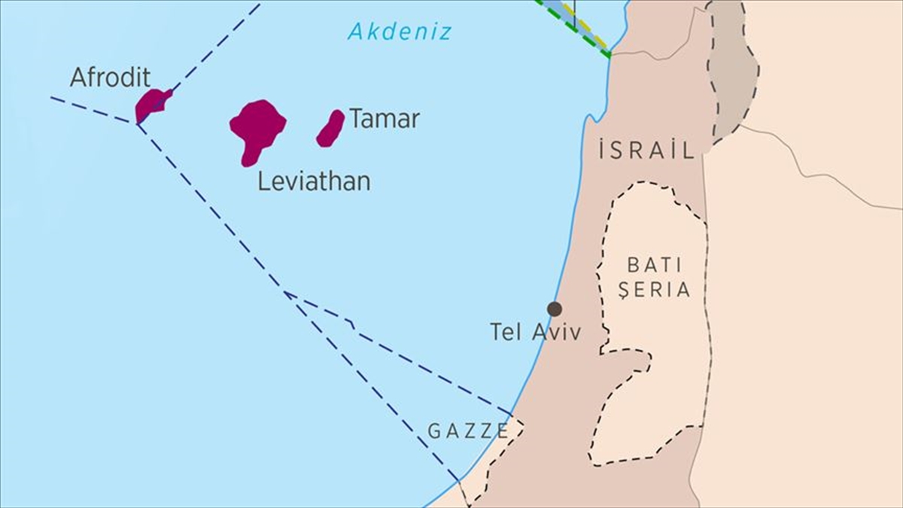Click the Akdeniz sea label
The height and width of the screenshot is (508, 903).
pos(400,32)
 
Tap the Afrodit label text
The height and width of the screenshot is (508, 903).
pos(110,78)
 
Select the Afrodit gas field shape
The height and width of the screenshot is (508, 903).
pos(151,105)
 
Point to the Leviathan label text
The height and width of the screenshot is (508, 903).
pos(314,181)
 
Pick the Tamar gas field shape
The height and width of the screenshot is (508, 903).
pos(330,127)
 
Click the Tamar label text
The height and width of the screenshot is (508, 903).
pos(384,119)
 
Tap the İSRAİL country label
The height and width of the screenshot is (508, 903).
pos(647,151)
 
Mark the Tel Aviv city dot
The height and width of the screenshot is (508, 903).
pos(555,309)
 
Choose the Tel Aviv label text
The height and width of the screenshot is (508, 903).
pos(535,332)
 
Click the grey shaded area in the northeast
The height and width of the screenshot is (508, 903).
pos(731,75)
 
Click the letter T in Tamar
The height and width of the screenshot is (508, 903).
pos(356,119)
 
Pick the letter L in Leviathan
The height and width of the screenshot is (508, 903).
pos(263,181)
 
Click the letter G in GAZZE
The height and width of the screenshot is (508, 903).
pos(434,431)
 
